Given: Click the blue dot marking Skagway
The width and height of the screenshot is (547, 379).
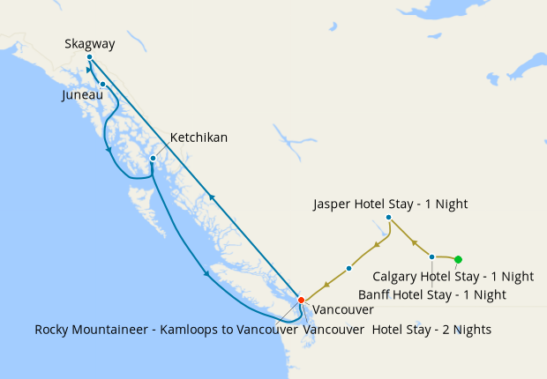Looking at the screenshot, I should [90, 57].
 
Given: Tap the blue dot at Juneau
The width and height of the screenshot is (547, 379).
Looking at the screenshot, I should [103, 85].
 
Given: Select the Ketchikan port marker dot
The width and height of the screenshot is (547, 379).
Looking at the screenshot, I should [153, 159].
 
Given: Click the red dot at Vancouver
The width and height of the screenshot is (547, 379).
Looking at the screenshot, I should [301, 300].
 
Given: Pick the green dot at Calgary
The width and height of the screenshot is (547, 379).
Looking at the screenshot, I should [458, 259].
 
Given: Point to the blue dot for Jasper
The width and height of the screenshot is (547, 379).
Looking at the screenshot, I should [388, 218].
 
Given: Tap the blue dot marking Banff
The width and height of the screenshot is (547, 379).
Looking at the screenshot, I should [431, 256].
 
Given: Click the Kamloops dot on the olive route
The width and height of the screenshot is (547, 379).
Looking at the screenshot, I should [349, 268].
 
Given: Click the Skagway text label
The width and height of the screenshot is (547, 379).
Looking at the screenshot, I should [90, 42].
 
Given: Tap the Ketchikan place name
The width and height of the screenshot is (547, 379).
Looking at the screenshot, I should [199, 137].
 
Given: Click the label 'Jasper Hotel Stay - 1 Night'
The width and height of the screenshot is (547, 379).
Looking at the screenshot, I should [390, 204].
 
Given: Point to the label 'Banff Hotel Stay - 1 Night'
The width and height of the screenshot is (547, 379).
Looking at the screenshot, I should [432, 294].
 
